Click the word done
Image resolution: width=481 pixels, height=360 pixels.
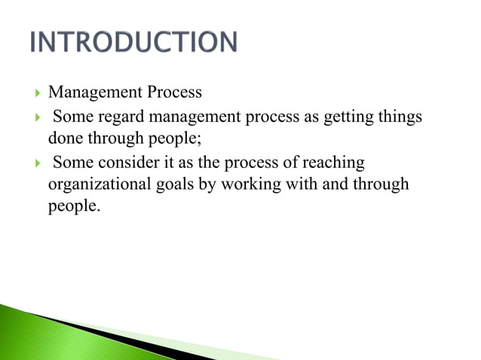click(64, 138)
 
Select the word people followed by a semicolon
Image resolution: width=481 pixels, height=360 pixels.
click(178, 138)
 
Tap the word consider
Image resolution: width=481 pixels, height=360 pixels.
click(120, 163)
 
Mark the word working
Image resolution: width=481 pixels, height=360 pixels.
click(247, 185)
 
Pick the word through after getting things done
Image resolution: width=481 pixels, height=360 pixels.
click(118, 138)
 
